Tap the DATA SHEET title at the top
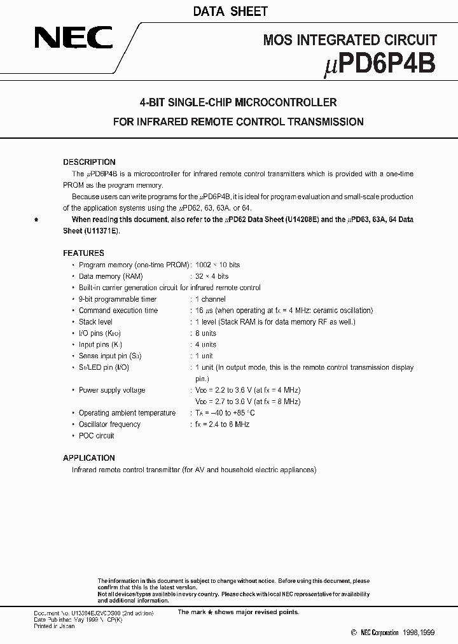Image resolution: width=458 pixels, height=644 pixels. [x=230, y=11]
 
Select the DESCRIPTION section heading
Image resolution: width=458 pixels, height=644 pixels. [x=89, y=162]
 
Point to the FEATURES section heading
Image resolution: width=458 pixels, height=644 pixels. [x=83, y=253]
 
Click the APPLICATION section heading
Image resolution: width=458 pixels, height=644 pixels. [x=89, y=458]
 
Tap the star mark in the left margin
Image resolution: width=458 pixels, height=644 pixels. [x=36, y=220]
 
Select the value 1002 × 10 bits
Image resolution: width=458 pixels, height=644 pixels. [x=218, y=265]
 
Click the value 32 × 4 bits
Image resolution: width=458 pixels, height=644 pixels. [x=212, y=276]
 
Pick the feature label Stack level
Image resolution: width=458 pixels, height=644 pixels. [x=95, y=322]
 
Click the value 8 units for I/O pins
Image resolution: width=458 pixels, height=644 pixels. [x=205, y=333]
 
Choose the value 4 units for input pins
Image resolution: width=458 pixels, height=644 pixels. [x=205, y=345]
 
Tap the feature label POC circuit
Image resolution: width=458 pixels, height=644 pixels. [x=96, y=436]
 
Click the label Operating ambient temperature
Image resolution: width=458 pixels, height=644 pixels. [x=127, y=413]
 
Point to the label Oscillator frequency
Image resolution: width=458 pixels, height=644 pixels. [x=109, y=424]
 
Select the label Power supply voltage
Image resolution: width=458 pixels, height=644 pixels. [x=111, y=390]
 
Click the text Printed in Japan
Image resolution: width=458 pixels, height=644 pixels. [x=54, y=626]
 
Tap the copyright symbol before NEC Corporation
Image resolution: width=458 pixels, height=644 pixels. [x=354, y=633]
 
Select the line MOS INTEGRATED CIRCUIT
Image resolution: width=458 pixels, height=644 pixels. [x=350, y=40]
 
